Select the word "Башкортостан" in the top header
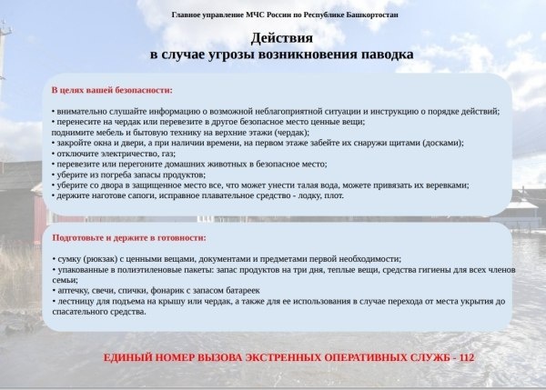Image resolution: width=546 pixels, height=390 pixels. click(x=367, y=15)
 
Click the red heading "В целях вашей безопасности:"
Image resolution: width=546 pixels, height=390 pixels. click(x=111, y=90)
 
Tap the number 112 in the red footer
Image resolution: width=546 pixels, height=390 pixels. click(x=467, y=358)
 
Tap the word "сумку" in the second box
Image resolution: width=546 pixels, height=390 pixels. click(x=70, y=259)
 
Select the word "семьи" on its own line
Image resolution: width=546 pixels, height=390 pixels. click(x=64, y=280)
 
